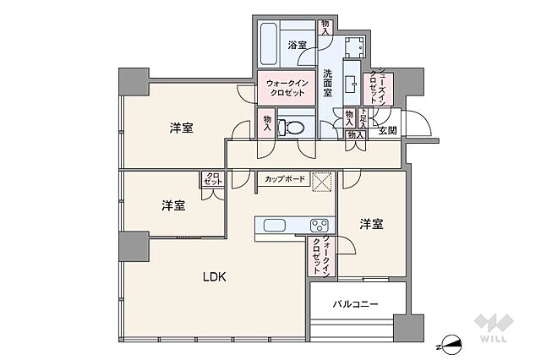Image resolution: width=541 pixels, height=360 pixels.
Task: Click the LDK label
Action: click(x=212, y=276)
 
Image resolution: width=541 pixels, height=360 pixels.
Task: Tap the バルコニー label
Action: click(x=354, y=303)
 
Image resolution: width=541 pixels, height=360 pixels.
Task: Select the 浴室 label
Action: click(x=295, y=45)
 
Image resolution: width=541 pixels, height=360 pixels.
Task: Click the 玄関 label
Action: click(x=388, y=130)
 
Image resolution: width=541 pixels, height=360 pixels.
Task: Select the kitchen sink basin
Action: click(x=277, y=226)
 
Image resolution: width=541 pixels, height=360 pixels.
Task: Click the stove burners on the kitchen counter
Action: click(x=319, y=226)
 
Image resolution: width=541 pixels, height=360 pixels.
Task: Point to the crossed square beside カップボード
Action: click(x=321, y=181)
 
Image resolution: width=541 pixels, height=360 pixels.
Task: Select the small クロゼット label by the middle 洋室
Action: click(x=211, y=180)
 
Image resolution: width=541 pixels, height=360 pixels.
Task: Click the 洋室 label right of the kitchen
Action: click(x=371, y=224)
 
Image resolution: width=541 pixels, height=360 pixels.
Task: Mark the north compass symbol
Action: click(x=454, y=343)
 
